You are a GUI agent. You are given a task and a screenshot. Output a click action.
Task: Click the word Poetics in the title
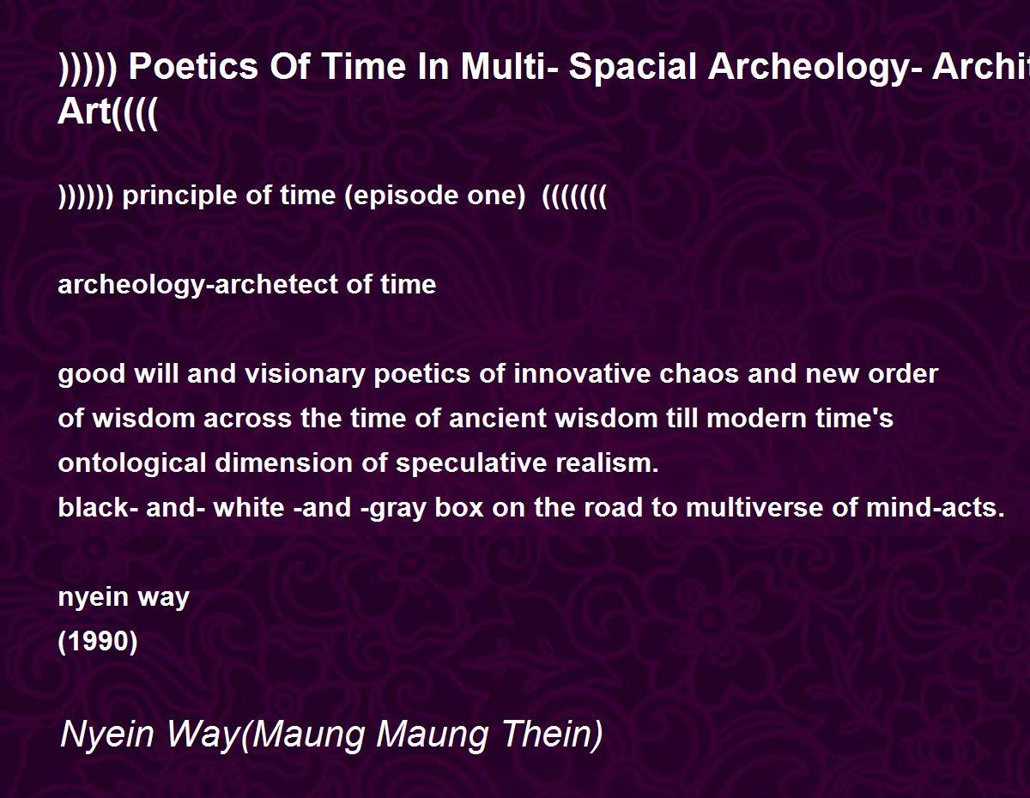pos(193,66)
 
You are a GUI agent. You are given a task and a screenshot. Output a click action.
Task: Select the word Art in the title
pos(84,112)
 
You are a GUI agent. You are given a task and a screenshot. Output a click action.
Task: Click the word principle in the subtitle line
pos(179,196)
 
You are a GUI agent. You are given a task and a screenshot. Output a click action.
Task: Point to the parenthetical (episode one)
pos(434,196)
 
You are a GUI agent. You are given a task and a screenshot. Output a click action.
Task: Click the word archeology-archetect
pos(198,285)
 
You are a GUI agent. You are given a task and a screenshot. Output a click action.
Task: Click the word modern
pos(756,419)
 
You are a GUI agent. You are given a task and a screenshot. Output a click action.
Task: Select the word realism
pos(607,463)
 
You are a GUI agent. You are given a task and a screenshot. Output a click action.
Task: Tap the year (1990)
pos(98,642)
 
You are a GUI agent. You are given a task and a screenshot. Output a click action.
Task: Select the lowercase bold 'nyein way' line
pos(124,598)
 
